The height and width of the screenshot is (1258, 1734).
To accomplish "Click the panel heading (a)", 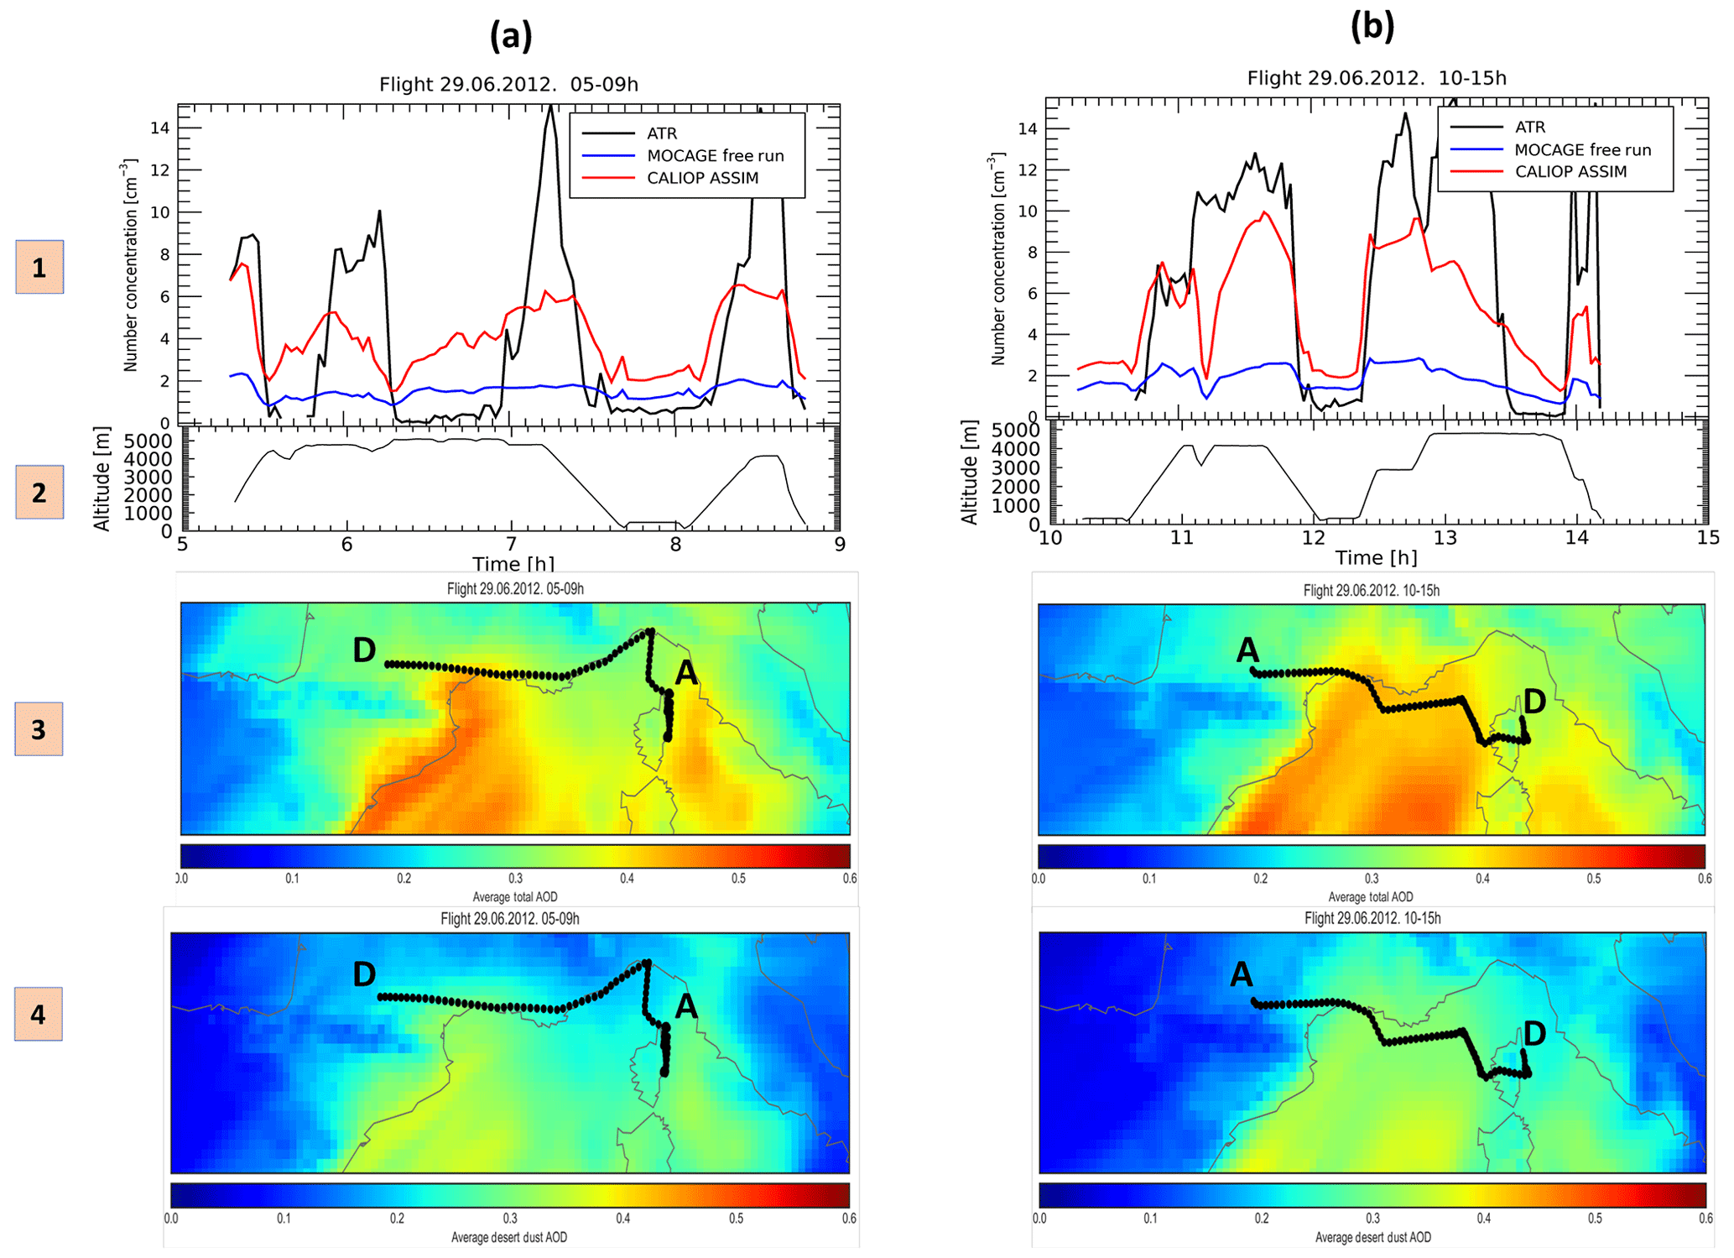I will (511, 36).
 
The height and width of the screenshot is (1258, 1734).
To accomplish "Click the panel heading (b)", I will (1372, 27).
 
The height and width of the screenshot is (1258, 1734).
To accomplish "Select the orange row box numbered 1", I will (39, 268).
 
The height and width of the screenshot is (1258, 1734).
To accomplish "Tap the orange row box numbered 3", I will (39, 730).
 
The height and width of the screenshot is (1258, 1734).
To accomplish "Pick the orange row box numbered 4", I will (39, 1015).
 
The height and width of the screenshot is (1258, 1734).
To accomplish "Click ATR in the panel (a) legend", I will (662, 133).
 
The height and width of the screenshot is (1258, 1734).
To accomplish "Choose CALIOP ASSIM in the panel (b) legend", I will (1570, 172).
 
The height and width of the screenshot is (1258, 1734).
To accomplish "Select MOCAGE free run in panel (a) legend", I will (715, 156).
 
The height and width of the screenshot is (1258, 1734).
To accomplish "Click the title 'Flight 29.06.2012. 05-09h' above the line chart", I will (508, 85).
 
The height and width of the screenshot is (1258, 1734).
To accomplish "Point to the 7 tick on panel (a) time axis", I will (511, 545).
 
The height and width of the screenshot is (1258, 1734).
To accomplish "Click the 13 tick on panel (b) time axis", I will (1445, 538).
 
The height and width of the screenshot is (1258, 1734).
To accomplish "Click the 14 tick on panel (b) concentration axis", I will (1027, 128).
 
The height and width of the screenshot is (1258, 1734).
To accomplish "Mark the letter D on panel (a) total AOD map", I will (364, 650).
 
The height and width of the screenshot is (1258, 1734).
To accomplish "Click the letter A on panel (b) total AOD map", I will (1247, 650).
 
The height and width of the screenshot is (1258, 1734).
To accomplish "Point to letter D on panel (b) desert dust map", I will (1534, 1033).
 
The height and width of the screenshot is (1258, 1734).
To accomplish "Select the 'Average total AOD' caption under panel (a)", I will (514, 897).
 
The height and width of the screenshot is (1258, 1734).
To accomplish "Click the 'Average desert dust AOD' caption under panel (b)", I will (1372, 1237).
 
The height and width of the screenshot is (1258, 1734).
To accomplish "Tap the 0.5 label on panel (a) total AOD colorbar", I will (738, 879).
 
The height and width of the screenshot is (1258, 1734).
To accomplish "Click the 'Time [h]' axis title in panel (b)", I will (1376, 558).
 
